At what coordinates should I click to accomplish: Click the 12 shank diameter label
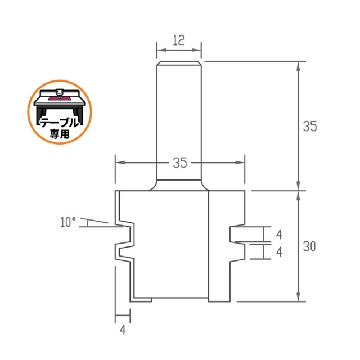[179, 40]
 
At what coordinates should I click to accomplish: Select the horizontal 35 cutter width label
[180, 163]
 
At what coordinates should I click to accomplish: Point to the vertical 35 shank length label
[310, 126]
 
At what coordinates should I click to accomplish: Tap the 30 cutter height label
[309, 246]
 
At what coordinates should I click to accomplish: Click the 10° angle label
[68, 222]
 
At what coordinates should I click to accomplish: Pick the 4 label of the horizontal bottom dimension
[123, 330]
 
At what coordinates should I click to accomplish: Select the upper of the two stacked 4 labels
[279, 235]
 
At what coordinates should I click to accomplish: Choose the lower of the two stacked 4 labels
[279, 252]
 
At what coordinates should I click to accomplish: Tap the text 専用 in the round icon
[60, 134]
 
